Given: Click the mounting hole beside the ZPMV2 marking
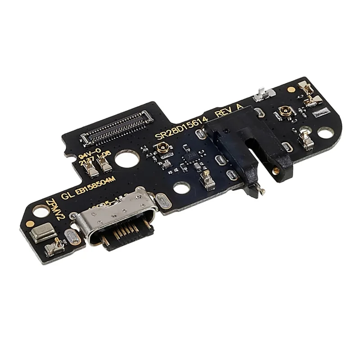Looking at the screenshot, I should [x=41, y=211].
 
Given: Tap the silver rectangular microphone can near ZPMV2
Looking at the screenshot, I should [x=44, y=233].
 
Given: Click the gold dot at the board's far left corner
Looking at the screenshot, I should [x=30, y=223].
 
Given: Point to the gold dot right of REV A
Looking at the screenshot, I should [x=291, y=89].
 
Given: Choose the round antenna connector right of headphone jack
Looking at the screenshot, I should [x=285, y=110].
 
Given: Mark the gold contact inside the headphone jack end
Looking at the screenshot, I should [x=275, y=171].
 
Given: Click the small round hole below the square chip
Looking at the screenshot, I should [x=181, y=188].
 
